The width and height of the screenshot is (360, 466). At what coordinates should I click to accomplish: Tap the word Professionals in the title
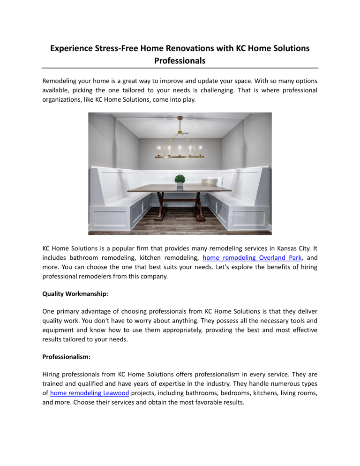click(x=180, y=61)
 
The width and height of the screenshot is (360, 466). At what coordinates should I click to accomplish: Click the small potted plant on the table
click(x=180, y=180)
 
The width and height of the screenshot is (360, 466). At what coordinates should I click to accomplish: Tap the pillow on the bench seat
click(x=210, y=181)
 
